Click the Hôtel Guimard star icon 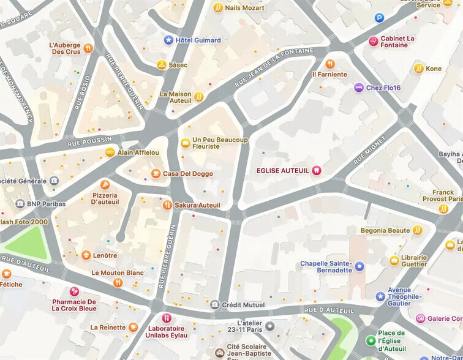pos(168,40)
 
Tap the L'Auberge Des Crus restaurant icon pos(88,48)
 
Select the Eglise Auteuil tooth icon pos(317,170)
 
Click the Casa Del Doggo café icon pos(156,174)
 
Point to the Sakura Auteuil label pos(197,205)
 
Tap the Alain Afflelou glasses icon pos(110,152)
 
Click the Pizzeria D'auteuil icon pos(105,184)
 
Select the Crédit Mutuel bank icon pos(214,304)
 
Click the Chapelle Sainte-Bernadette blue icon pos(359,266)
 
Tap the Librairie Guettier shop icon pos(394,261)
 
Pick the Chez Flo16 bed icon pos(359,88)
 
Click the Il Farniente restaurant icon pos(330,64)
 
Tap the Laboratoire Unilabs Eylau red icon pos(166,318)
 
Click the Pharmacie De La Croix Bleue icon pos(75,291)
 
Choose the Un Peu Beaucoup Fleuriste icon pos(185,143)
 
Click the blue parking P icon pos(379,18)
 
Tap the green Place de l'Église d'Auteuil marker pos(370,340)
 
